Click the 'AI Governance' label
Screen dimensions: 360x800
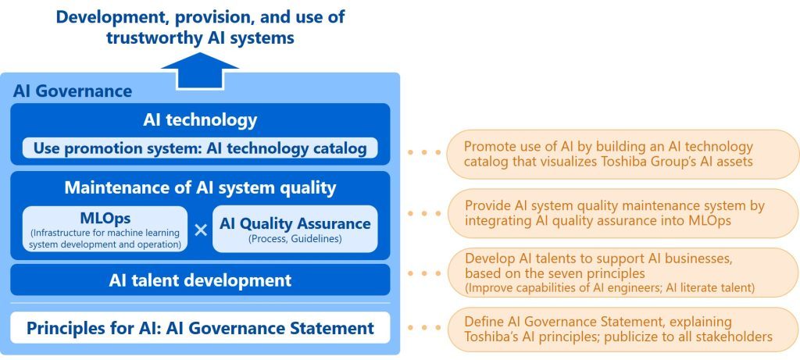click(73, 91)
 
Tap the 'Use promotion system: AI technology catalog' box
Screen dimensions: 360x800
click(200, 147)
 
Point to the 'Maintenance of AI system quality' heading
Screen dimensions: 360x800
click(200, 187)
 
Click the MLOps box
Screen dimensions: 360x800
click(105, 229)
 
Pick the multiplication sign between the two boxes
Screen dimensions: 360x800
click(201, 230)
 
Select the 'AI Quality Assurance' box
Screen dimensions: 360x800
click(295, 229)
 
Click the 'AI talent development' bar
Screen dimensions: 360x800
click(200, 280)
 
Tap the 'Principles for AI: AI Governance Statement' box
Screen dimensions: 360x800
click(200, 327)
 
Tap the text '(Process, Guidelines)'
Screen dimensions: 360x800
click(295, 239)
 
